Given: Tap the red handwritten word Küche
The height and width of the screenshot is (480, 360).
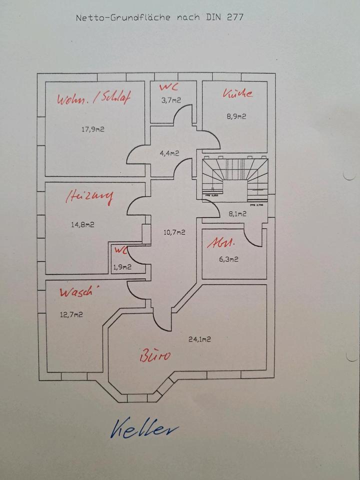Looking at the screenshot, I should [237, 93].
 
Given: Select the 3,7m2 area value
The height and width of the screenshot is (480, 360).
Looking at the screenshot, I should [170, 100].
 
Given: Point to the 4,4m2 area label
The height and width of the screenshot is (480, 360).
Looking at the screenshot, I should [169, 153].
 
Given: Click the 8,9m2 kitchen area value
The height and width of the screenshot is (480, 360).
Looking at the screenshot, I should [236, 116].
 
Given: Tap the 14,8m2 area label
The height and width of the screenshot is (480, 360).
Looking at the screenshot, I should [82, 224].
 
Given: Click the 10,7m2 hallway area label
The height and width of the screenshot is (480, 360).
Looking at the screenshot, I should [174, 232].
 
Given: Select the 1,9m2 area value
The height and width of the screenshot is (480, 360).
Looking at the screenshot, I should [122, 267].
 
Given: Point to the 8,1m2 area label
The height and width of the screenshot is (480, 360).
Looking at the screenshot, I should [237, 214].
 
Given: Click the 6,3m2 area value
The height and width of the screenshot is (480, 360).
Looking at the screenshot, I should [228, 259].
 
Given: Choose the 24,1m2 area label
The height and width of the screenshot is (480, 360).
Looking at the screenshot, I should [199, 339].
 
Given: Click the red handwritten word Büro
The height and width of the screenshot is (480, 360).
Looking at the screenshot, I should [155, 355].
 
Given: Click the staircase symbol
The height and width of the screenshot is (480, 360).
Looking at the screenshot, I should [234, 177].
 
